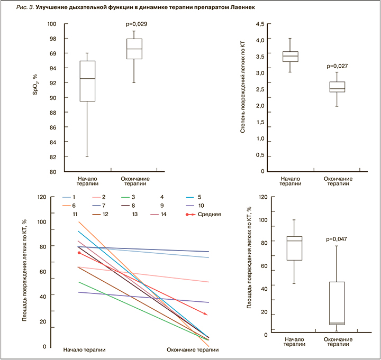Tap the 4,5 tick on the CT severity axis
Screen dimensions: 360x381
260,24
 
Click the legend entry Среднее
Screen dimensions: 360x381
207,215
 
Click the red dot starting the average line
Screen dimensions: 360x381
79,253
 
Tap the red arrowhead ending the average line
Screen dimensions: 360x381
205,315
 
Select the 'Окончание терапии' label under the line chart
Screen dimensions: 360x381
193,350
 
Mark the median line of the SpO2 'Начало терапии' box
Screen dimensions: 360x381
87,78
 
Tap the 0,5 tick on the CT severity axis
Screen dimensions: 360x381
260,155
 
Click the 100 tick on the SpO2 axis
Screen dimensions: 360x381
51,24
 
